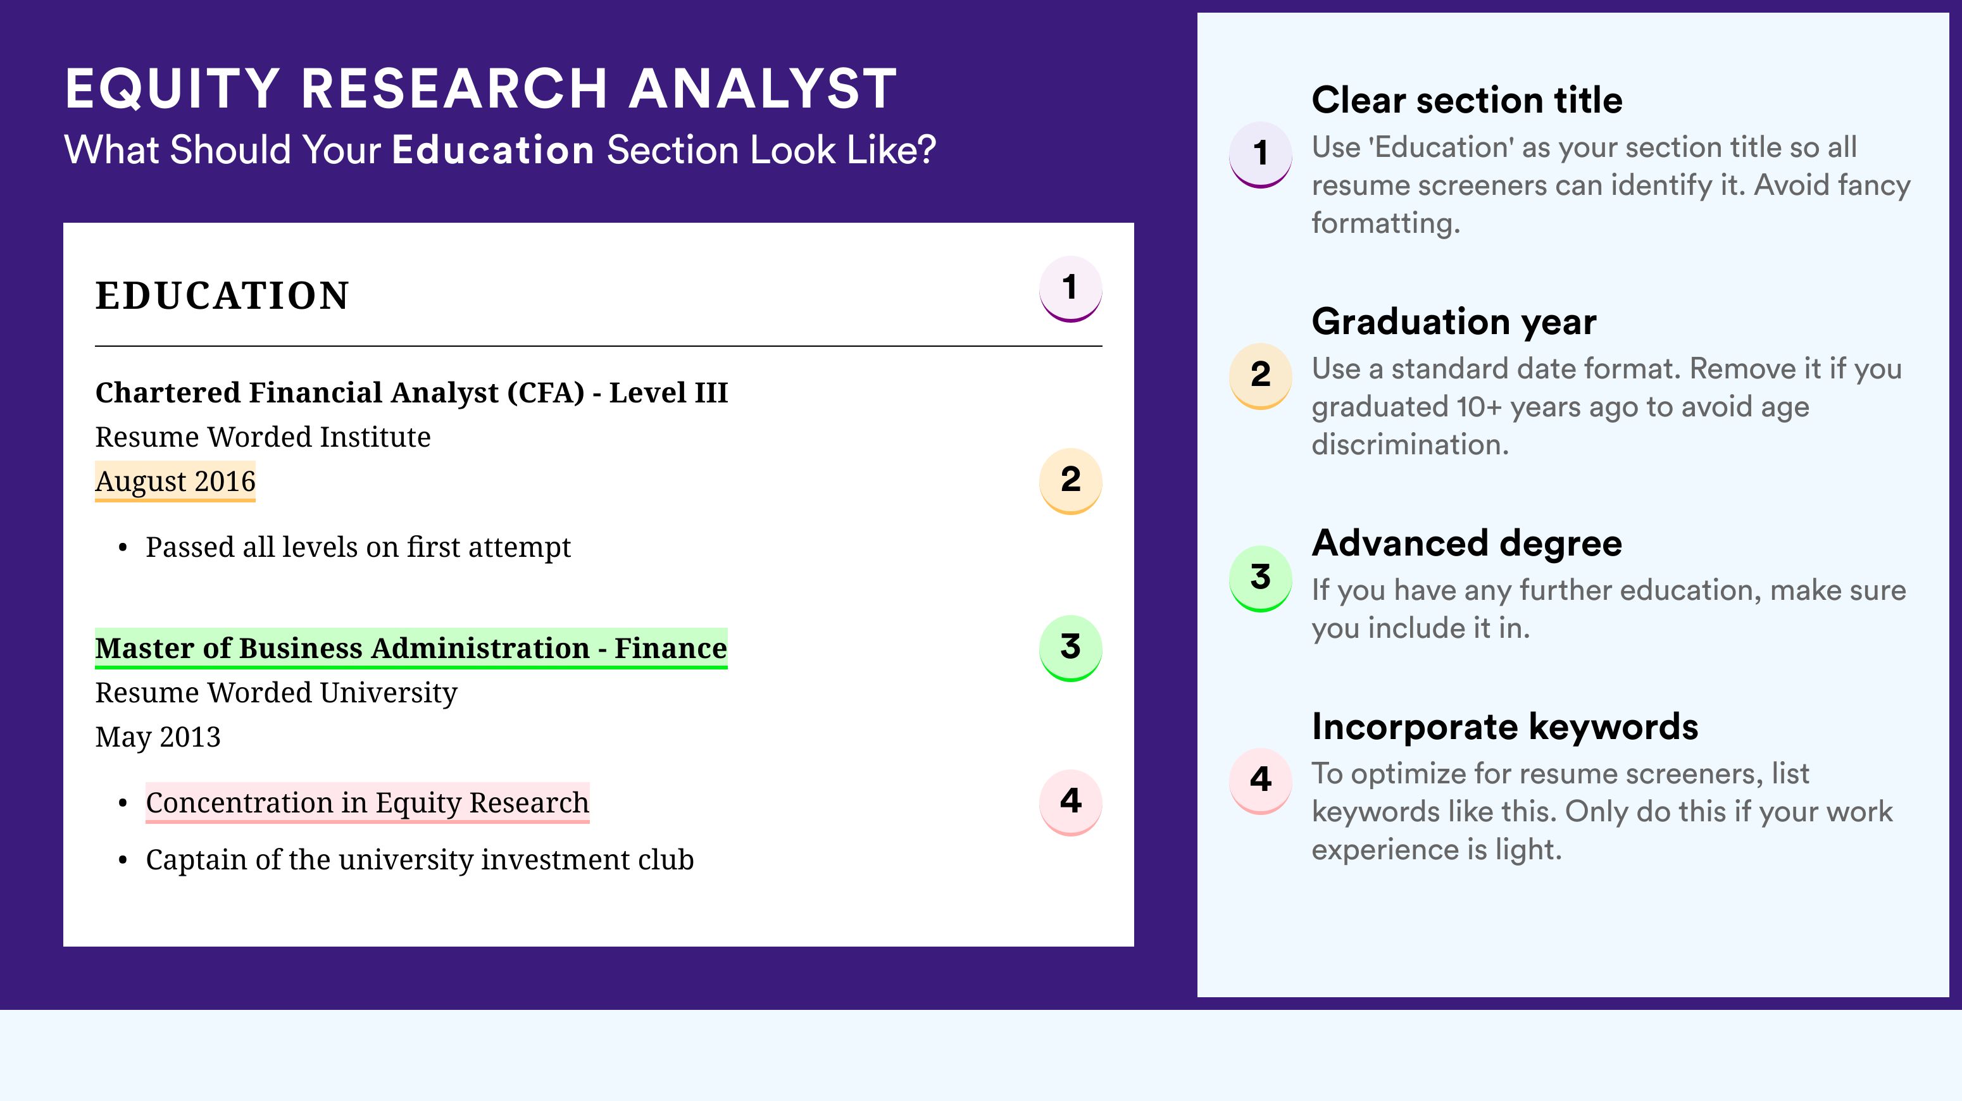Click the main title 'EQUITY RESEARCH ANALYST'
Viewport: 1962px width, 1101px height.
pos(482,89)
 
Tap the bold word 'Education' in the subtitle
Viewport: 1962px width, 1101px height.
pos(493,149)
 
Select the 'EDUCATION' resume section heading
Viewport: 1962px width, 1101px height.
pos(222,295)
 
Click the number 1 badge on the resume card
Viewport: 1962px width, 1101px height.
pos(1070,289)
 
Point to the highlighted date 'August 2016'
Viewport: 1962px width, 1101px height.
pos(175,481)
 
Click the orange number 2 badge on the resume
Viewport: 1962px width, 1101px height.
pos(1070,481)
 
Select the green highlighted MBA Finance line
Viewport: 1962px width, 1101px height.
pos(411,648)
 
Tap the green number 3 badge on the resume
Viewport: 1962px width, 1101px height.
pos(1070,648)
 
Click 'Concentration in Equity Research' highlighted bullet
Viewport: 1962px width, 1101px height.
pos(367,802)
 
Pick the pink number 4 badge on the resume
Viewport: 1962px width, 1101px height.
pos(1070,802)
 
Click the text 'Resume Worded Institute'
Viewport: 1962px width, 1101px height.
pos(263,437)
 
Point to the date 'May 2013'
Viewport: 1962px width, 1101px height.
pos(158,737)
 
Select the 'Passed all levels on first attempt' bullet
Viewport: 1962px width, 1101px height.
pos(358,547)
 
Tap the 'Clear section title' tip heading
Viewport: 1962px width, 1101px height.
pos(1467,100)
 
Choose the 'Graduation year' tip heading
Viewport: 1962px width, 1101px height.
pos(1454,321)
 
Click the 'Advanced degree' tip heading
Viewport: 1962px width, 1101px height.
pos(1467,543)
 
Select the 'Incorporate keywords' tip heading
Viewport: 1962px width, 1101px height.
pos(1505,726)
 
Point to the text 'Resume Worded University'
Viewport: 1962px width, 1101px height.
pos(277,693)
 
